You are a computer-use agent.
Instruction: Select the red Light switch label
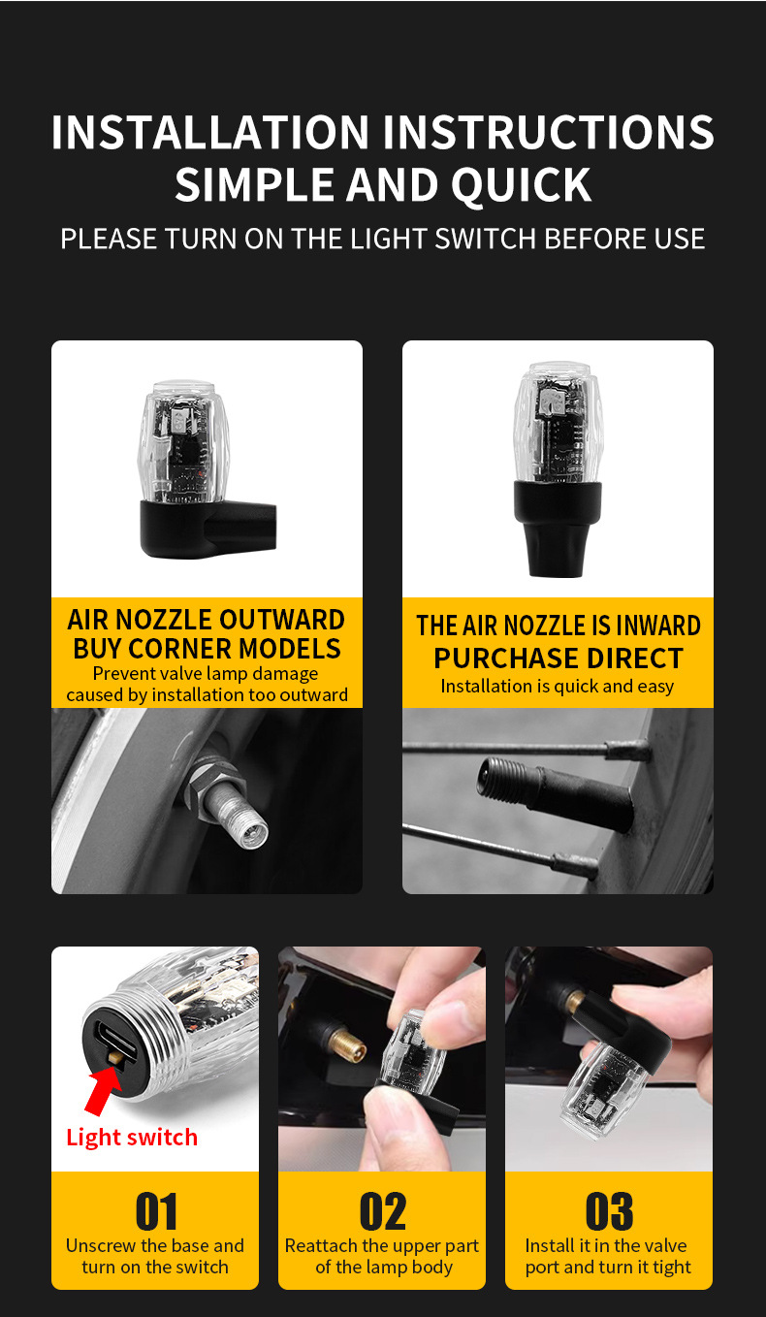(x=132, y=1138)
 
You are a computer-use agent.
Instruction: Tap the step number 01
(x=155, y=1212)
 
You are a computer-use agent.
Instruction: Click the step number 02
(x=382, y=1212)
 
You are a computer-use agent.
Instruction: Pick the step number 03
(x=609, y=1212)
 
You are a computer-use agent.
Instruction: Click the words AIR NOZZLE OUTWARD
(x=206, y=620)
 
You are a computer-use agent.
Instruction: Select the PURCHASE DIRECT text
(x=559, y=658)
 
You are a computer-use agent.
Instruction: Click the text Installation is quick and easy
(x=558, y=687)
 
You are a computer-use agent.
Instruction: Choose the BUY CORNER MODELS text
(x=207, y=649)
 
